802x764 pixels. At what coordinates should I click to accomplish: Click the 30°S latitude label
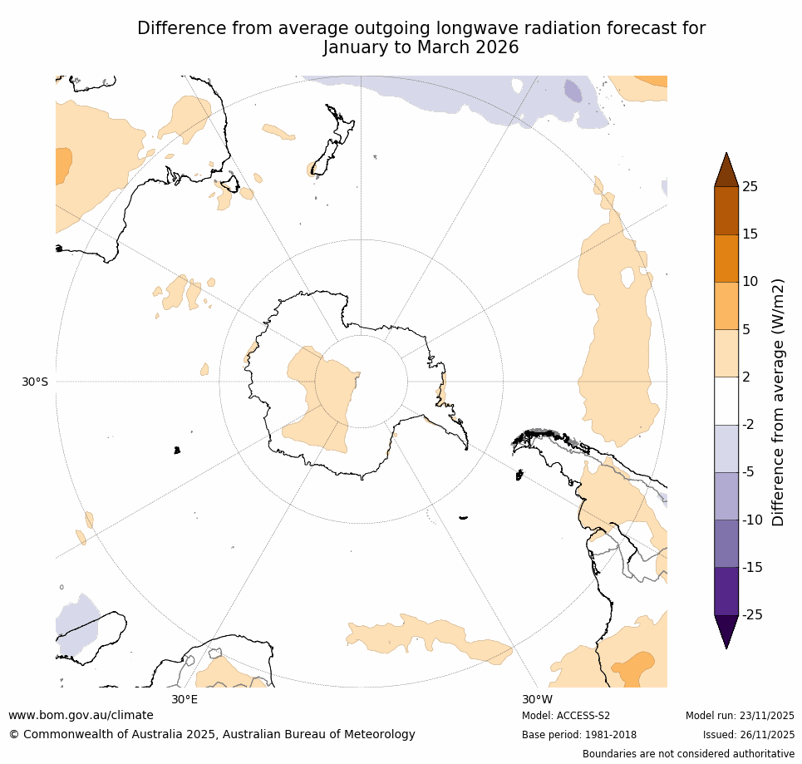pos(35,382)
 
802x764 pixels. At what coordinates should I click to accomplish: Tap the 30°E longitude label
pos(185,699)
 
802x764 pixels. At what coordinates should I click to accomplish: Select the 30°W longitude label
pos(537,699)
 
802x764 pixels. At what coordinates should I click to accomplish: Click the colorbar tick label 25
pos(750,187)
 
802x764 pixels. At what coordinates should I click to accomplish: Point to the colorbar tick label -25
pos(751,615)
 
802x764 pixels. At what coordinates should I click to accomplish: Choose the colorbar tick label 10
pos(750,282)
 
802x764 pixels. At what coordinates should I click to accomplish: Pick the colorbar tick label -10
pos(751,520)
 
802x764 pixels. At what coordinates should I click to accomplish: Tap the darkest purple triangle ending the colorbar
pos(726,629)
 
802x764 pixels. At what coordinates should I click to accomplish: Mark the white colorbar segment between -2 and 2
pos(726,401)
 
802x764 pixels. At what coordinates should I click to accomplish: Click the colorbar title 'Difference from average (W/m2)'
pos(779,402)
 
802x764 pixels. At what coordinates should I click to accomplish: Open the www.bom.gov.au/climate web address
pos(81,715)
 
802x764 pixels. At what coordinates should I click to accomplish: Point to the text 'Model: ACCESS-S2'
pos(566,716)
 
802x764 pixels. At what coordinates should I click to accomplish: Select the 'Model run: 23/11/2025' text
pos(740,716)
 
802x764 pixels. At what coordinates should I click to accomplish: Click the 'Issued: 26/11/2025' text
pos(748,735)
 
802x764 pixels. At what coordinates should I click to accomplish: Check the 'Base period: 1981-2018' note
pos(579,735)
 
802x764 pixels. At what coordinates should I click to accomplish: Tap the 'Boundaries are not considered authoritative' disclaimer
pos(688,754)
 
